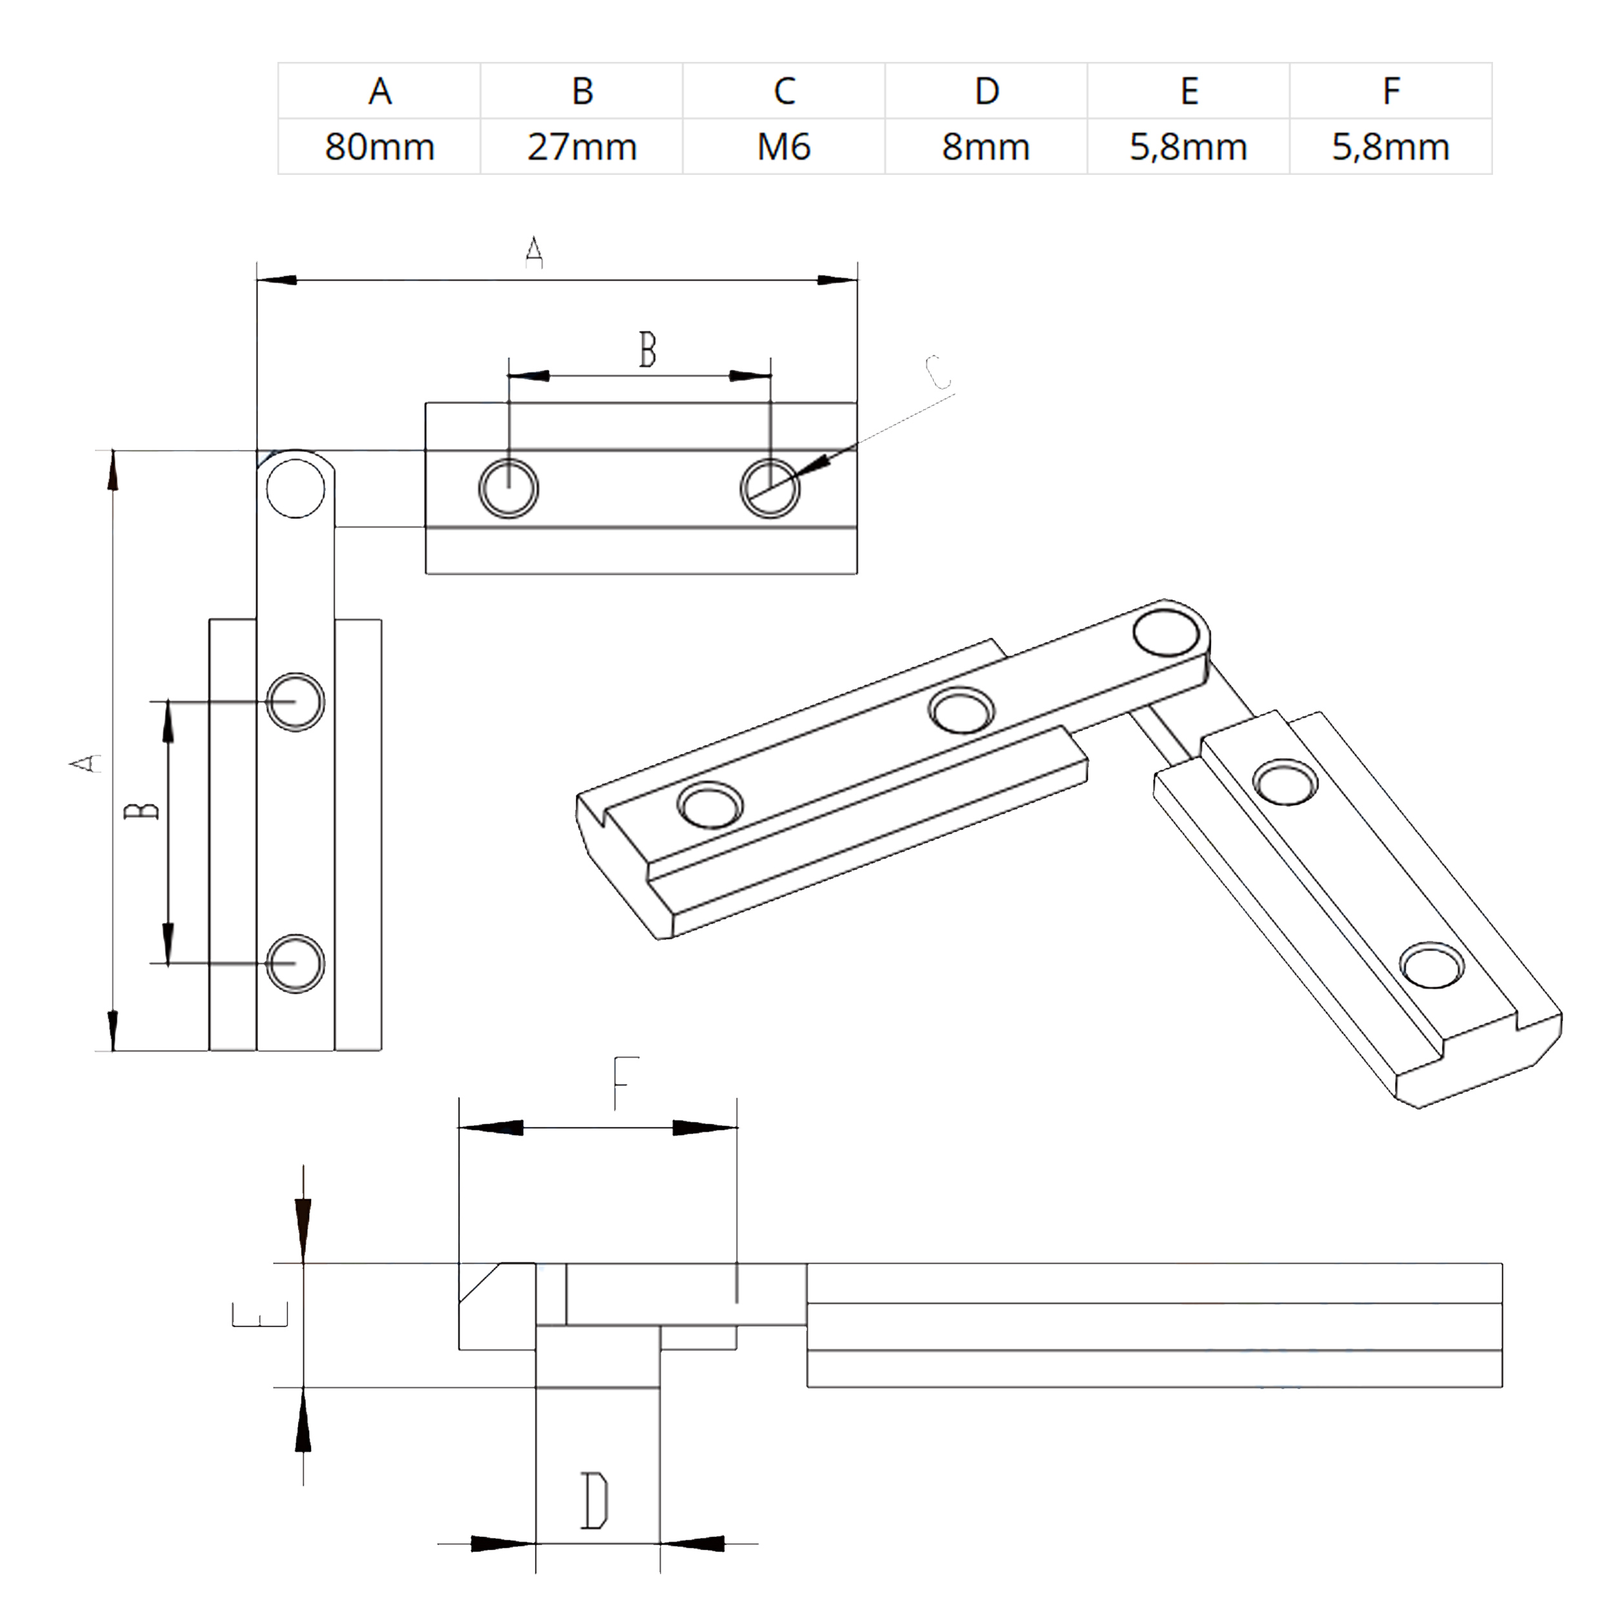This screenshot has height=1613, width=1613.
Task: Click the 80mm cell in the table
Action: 380,147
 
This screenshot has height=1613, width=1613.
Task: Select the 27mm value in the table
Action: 582,147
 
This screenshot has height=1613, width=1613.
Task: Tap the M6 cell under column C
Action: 784,147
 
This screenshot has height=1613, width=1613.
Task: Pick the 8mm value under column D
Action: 986,147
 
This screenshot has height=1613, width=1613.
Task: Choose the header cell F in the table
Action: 1391,91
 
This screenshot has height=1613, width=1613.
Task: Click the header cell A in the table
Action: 380,91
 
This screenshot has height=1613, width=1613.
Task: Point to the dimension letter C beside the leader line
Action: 937,373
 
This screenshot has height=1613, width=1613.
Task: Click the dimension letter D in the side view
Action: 594,1501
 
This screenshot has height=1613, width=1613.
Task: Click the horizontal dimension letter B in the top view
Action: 647,350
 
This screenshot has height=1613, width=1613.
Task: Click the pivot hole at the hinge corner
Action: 295,488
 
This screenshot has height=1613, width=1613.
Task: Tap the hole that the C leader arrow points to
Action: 770,488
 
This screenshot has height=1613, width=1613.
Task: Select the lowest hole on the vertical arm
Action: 295,963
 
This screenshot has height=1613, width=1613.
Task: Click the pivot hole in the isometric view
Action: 1167,632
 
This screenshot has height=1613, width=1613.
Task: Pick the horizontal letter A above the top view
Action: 534,253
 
